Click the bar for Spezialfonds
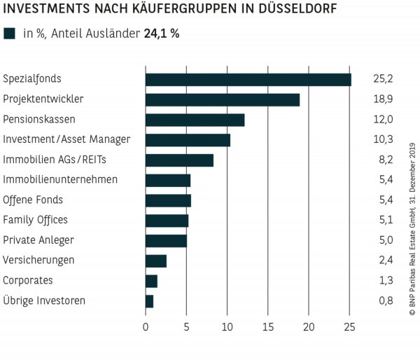248,79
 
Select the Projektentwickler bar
222,99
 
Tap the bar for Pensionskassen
195,120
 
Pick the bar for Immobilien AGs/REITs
179,160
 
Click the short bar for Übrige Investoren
149,301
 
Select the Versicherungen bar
155,261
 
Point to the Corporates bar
151,281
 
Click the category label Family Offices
36,220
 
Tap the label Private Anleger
38,240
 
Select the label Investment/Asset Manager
66,139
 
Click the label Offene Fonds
33,200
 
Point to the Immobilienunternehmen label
60,180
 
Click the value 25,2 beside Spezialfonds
383,79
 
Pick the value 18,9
383,99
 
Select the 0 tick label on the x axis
146,326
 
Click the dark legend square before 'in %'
9,33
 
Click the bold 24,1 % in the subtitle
161,33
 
